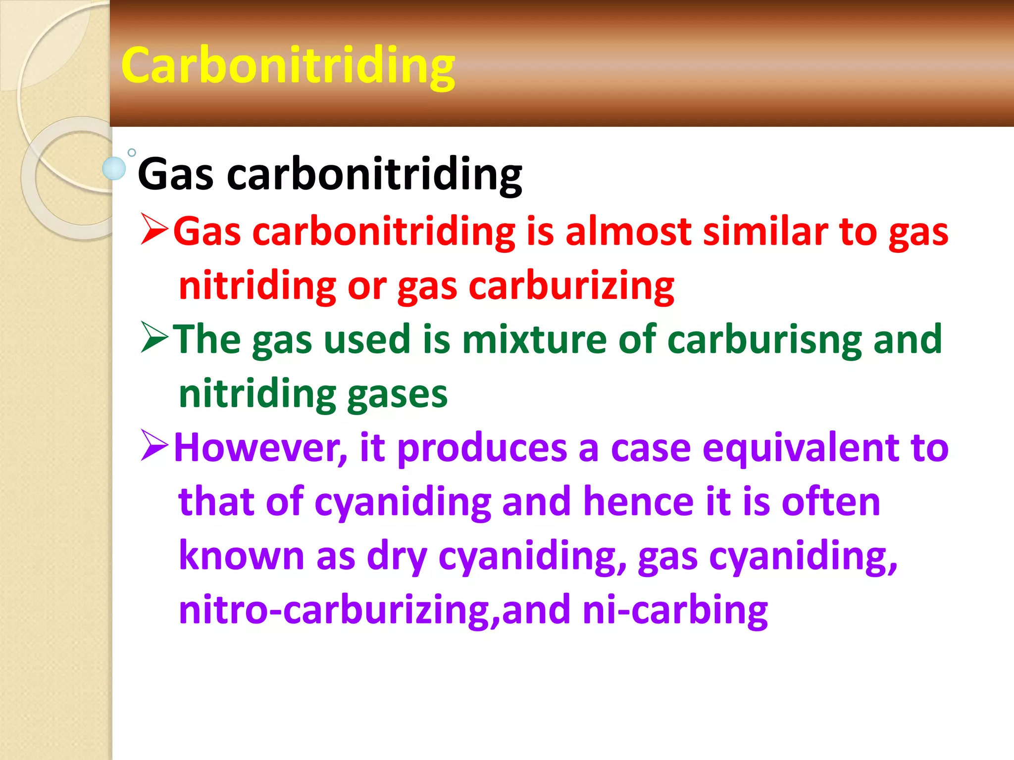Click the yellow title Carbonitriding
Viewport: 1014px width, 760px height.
point(288,66)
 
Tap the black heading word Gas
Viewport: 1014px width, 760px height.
point(175,174)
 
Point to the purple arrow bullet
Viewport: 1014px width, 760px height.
point(155,445)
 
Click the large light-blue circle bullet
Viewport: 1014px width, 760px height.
point(114,168)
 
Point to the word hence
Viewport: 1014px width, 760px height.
point(639,502)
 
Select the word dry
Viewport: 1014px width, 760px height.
point(397,557)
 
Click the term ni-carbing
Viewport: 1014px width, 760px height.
point(675,611)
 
